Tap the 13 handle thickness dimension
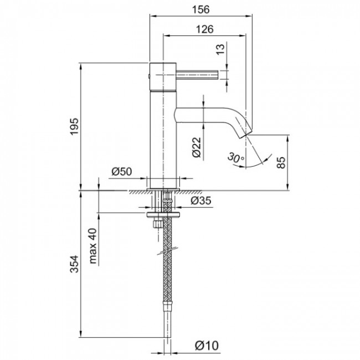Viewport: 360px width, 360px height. tap(221, 50)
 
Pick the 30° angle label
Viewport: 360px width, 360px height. tap(235, 159)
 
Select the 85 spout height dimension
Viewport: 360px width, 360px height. tap(281, 162)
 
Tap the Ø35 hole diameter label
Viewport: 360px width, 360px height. tap(201, 201)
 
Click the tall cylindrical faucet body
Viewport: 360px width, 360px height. tap(163, 138)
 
